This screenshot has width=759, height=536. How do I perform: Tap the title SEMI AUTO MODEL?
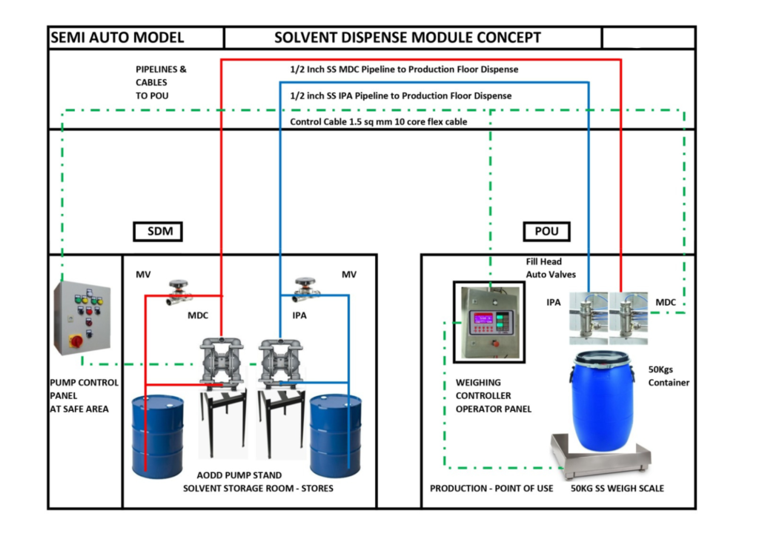coord(117,38)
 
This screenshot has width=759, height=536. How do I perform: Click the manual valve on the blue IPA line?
coord(307,291)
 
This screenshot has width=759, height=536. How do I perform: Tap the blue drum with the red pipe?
coord(158,436)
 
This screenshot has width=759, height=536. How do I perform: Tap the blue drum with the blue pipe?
coord(336,436)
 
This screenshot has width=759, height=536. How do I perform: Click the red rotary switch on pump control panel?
coord(75,342)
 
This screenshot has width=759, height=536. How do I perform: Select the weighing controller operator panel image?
coord(490,322)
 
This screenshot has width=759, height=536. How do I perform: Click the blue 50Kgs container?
coord(602,403)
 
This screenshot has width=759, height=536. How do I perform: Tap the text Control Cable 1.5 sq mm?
coord(378,121)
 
